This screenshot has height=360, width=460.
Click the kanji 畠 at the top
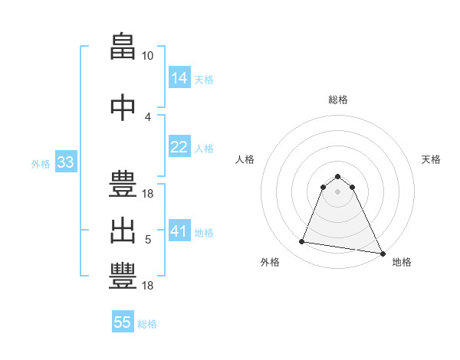point(123,46)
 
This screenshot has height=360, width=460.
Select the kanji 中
point(123,107)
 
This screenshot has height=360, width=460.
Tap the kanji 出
point(123,231)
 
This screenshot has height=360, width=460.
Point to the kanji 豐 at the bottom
point(123,276)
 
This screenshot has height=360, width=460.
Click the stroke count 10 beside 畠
point(147,56)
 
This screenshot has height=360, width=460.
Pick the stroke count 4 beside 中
point(147,117)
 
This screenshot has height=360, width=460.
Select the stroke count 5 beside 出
point(148,240)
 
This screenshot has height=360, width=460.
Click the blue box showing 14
point(179,77)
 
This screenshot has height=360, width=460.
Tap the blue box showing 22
point(179,146)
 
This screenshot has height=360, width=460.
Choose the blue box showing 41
point(179,230)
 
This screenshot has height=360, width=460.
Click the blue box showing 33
point(66,162)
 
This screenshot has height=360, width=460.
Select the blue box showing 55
point(123,321)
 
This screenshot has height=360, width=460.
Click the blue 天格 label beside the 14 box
point(204,80)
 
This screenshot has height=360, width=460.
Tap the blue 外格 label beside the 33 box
point(41,164)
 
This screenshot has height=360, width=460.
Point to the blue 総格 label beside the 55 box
point(147,324)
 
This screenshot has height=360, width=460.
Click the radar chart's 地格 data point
point(383,254)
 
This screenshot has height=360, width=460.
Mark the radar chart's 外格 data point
point(301,241)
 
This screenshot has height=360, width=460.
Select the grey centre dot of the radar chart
point(337,191)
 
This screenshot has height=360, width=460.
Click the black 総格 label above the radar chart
point(338,100)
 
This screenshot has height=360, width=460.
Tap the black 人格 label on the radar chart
point(245,159)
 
